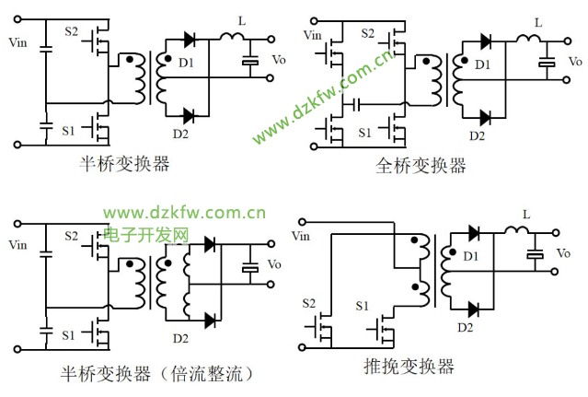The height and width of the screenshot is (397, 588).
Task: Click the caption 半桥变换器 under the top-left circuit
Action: coord(125,164)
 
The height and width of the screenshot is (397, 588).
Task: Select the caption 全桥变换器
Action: coord(421,166)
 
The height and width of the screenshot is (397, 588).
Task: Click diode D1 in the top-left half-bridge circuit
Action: coord(190,40)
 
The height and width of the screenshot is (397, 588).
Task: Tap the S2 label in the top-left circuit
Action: coord(72,31)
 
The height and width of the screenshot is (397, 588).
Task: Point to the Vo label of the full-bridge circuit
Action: coord(573,62)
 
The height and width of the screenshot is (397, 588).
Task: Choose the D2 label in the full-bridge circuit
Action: coord(477,135)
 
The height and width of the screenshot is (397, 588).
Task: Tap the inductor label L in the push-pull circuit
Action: coord(525,216)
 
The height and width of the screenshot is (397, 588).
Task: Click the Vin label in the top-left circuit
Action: coord(17,42)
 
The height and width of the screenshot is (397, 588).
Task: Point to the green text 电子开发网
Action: coord(146,236)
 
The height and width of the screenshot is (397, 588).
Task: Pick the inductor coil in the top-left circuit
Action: coord(231,38)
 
